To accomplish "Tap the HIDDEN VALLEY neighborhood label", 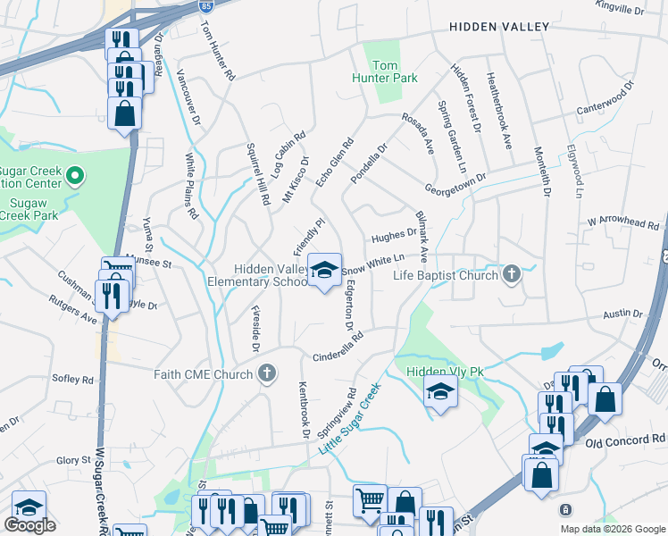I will pyautogui.click(x=498, y=27).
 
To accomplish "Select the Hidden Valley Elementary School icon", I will pyautogui.click(x=324, y=269).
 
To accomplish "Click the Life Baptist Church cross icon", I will pyautogui.click(x=511, y=273).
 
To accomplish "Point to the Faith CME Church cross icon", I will pyautogui.click(x=266, y=374).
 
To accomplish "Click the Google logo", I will pyautogui.click(x=29, y=525).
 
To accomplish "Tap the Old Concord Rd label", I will pyautogui.click(x=625, y=440).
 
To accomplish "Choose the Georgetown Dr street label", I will pyautogui.click(x=455, y=183).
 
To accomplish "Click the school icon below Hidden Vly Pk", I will pyautogui.click(x=439, y=392).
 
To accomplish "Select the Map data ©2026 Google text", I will pyautogui.click(x=612, y=528).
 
